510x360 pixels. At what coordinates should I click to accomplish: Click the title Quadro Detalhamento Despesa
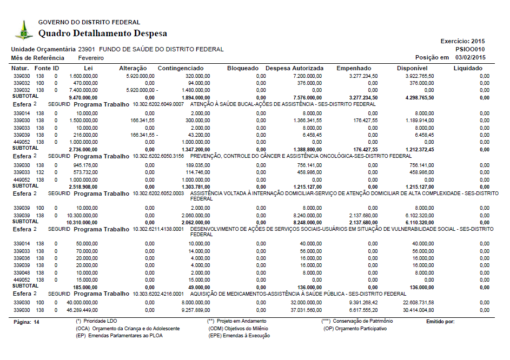click(103, 34)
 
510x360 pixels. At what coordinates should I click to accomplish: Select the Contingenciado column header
click(181, 69)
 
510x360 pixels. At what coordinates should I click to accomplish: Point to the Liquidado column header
click(468, 69)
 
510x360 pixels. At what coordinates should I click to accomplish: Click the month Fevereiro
click(91, 58)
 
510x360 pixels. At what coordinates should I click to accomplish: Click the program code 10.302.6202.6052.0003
click(160, 193)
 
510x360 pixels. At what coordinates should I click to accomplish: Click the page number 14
click(37, 322)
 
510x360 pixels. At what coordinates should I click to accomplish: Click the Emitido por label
click(440, 322)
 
